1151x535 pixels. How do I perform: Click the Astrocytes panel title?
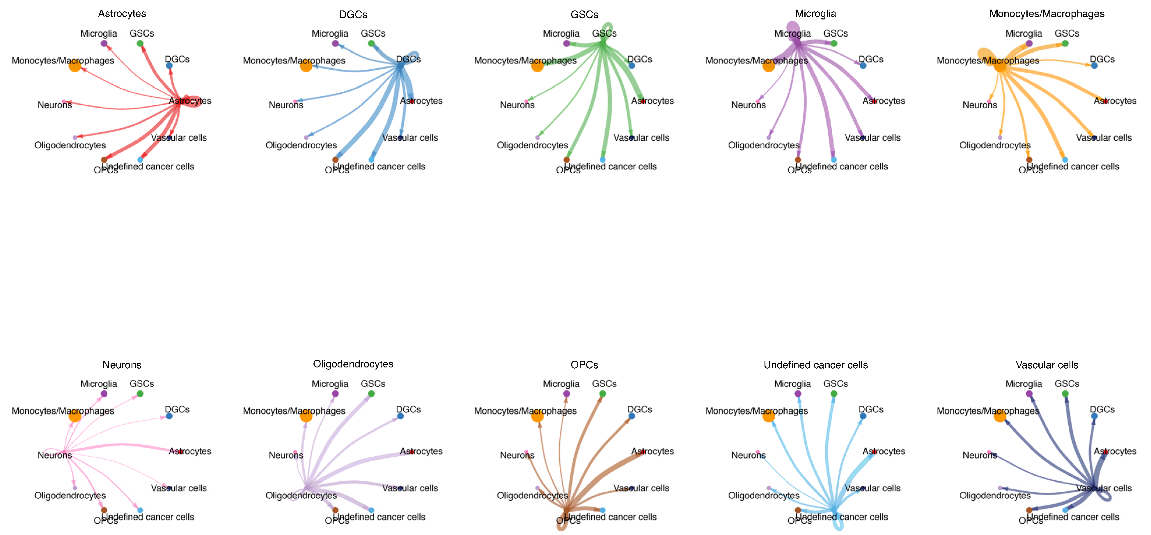coord(122,13)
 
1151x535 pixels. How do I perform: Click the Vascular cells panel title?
coord(1047,365)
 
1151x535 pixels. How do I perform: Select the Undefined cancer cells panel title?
coord(815,365)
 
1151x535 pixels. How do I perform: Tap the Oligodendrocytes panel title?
coord(353,364)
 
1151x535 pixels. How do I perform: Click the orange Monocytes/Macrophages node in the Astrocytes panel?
coord(75,66)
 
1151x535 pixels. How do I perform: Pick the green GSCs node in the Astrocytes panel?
coord(140,43)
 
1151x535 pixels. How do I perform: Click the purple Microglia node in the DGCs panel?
coord(335,43)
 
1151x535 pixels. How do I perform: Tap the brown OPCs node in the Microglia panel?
coord(798,159)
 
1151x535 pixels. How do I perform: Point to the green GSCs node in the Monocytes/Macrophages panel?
coord(1065,43)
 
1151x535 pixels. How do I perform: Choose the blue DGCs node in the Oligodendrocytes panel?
coord(400,416)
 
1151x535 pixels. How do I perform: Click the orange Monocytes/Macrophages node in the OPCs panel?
coord(538,416)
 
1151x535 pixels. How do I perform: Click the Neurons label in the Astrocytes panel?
coord(54,105)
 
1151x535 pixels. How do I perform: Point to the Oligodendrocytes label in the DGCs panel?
coord(301,145)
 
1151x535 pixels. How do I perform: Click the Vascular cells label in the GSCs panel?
coord(641,138)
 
